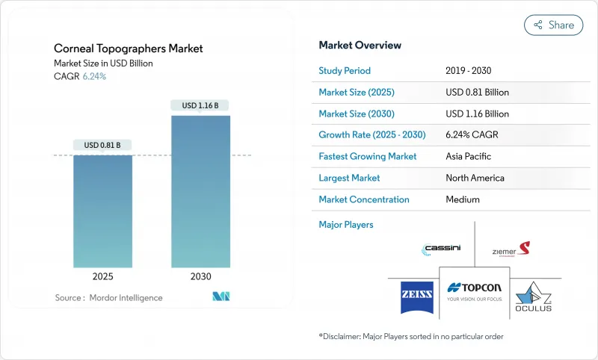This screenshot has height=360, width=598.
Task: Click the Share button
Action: [554, 25]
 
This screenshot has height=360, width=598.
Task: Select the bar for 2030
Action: [200, 190]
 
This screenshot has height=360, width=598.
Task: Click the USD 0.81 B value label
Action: [102, 145]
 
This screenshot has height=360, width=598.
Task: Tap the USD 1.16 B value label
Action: [200, 105]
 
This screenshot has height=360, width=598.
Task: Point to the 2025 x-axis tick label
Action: [102, 276]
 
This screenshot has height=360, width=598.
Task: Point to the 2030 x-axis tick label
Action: [200, 276]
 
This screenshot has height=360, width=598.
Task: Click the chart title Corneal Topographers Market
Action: [128, 49]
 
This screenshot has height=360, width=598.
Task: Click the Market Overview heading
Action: [360, 45]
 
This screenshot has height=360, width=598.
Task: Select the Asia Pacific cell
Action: [467, 157]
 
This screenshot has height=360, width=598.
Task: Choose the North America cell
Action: [474, 178]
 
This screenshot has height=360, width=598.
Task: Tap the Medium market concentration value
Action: [462, 199]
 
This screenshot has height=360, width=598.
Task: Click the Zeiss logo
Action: [413, 291]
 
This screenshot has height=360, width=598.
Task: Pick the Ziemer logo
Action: [511, 249]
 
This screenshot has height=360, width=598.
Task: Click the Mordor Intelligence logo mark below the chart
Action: [221, 297]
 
